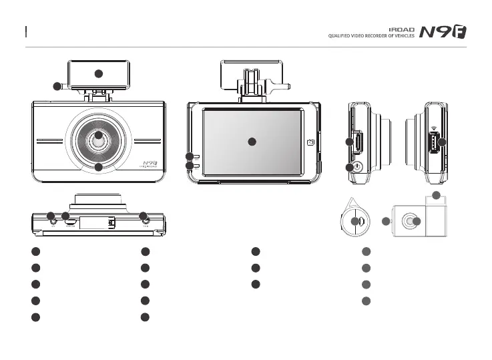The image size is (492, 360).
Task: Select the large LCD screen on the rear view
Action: (252, 141)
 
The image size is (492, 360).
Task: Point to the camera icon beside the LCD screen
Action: (310, 142)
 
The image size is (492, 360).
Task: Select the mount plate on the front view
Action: (97, 73)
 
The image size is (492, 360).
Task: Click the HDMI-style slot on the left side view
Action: (358, 141)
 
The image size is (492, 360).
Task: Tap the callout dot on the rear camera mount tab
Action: (436, 195)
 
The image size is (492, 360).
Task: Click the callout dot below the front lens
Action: (98, 168)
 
